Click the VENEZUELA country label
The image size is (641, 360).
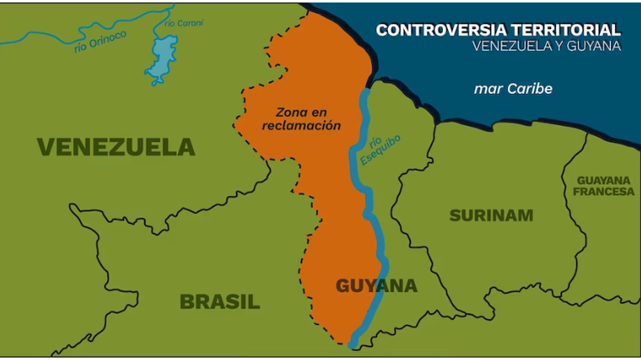pos(116,147)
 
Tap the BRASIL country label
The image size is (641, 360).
pos(220,302)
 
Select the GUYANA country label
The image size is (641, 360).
pos(376,285)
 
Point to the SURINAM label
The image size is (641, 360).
pos(491,215)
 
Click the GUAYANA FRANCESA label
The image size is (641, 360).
pos(604,186)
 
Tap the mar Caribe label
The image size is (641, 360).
pos(513,88)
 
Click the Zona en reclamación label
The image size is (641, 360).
pos(301,119)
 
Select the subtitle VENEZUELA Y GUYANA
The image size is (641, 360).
pos(546,46)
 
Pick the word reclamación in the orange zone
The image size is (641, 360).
pos(301,126)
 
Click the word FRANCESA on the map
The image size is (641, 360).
pos(604,191)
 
